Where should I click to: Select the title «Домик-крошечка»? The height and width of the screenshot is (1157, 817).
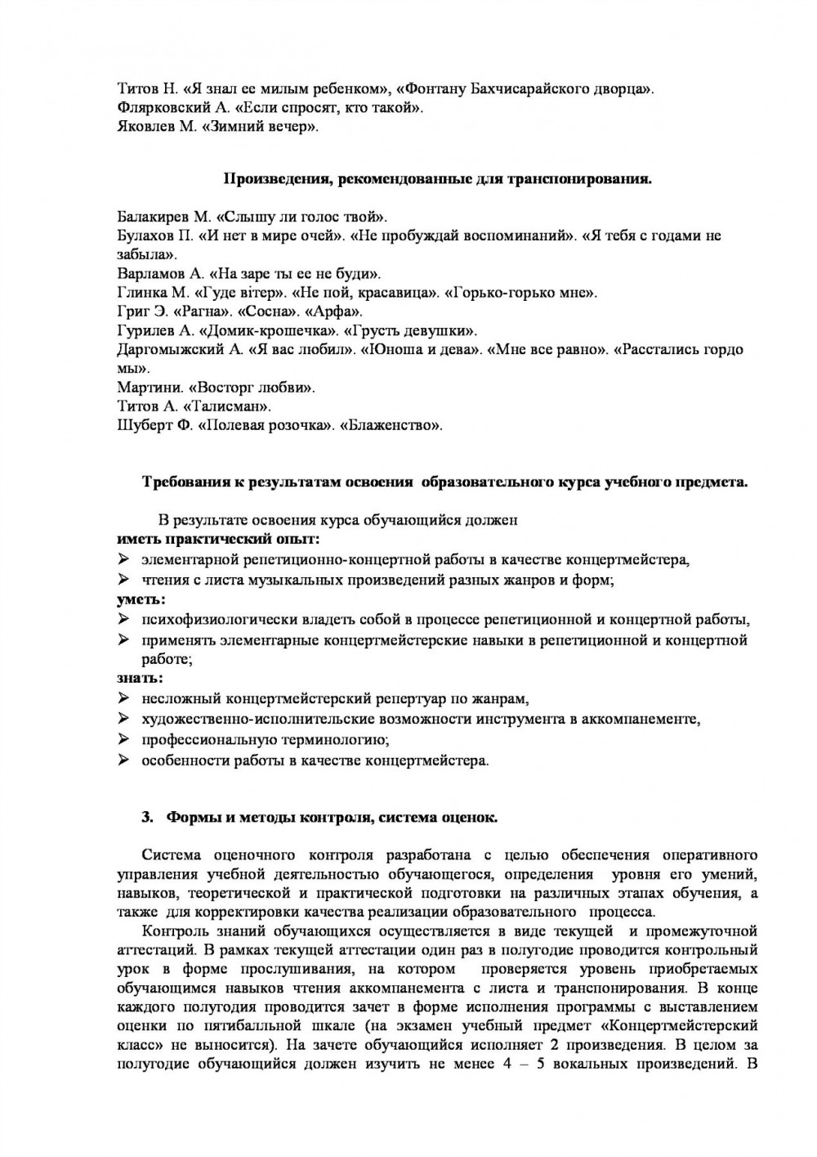click(x=272, y=330)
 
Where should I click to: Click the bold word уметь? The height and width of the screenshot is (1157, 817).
click(x=139, y=599)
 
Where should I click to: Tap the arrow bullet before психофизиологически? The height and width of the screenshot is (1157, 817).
click(x=124, y=619)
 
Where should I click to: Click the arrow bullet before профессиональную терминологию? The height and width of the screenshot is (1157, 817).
click(x=124, y=740)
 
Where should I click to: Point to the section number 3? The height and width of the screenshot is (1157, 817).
click(x=147, y=817)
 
